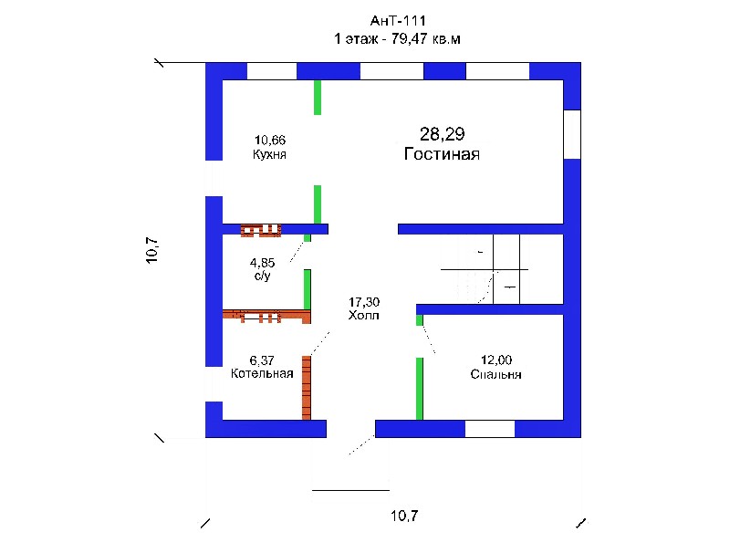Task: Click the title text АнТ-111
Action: (x=398, y=21)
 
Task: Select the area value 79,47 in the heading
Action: (x=409, y=38)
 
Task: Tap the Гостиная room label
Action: (x=442, y=153)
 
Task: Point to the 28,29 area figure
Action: (x=443, y=134)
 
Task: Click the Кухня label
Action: (x=269, y=154)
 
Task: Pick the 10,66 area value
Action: (x=270, y=141)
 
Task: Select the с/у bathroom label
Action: (x=262, y=276)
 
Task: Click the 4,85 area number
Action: (x=262, y=263)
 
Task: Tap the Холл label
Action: (x=363, y=315)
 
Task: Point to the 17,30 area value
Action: (x=364, y=302)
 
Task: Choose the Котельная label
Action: (x=262, y=373)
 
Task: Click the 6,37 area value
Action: (x=262, y=360)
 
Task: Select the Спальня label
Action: (x=495, y=374)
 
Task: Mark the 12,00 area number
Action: (x=496, y=360)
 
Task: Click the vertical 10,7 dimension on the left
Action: (x=152, y=250)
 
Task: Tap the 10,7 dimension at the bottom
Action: (x=404, y=516)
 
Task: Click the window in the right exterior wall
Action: (x=572, y=134)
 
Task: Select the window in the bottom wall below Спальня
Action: (x=490, y=429)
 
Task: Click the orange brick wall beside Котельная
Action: (x=307, y=388)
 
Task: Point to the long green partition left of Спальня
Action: (x=420, y=389)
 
